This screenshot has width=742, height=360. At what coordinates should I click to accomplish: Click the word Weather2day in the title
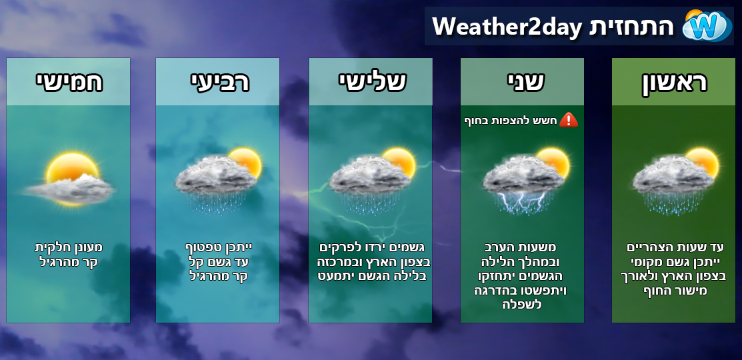coord(507,27)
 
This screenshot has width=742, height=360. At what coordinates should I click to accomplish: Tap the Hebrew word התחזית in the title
coord(630,27)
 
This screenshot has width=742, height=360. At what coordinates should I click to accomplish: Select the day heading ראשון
coord(673,82)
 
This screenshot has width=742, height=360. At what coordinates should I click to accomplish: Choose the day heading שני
coord(522,82)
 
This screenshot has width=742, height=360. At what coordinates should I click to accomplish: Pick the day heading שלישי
coord(371,82)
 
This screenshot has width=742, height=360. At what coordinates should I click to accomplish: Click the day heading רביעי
coord(217,82)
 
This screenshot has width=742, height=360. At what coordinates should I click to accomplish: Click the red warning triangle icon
coord(568,120)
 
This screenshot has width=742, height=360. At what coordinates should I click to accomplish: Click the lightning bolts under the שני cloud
coord(522,202)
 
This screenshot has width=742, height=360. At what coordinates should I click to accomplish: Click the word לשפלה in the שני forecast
coord(522,304)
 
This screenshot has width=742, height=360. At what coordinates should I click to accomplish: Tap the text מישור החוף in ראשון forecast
coord(674,290)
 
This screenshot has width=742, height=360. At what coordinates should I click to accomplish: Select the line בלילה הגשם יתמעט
coord(371,276)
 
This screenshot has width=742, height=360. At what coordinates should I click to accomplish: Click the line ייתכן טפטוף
coord(218,247)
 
